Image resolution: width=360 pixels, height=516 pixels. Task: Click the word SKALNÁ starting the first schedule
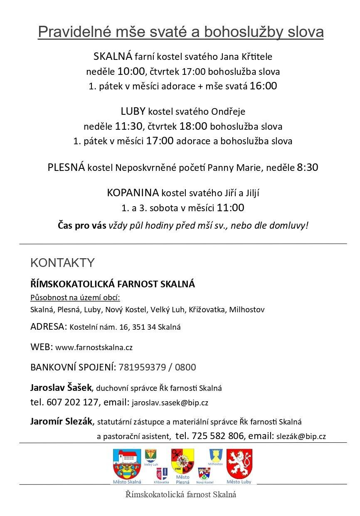113,56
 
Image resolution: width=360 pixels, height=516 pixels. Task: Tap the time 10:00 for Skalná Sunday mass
131,71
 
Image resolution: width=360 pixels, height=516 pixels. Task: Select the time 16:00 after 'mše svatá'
263,86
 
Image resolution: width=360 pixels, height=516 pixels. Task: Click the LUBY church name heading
133,111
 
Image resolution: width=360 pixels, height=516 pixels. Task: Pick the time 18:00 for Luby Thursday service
193,126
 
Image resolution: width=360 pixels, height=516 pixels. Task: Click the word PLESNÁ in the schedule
66,168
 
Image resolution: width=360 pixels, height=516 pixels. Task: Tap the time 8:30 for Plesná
307,168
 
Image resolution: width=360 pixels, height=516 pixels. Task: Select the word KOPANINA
133,193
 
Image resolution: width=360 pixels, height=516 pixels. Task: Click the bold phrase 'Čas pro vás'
82,226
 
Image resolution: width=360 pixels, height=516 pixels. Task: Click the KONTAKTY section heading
62,263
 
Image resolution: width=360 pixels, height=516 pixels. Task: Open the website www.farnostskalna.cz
94,347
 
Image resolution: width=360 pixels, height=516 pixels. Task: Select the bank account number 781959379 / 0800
157,368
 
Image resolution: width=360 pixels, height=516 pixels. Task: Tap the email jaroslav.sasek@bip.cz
170,403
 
